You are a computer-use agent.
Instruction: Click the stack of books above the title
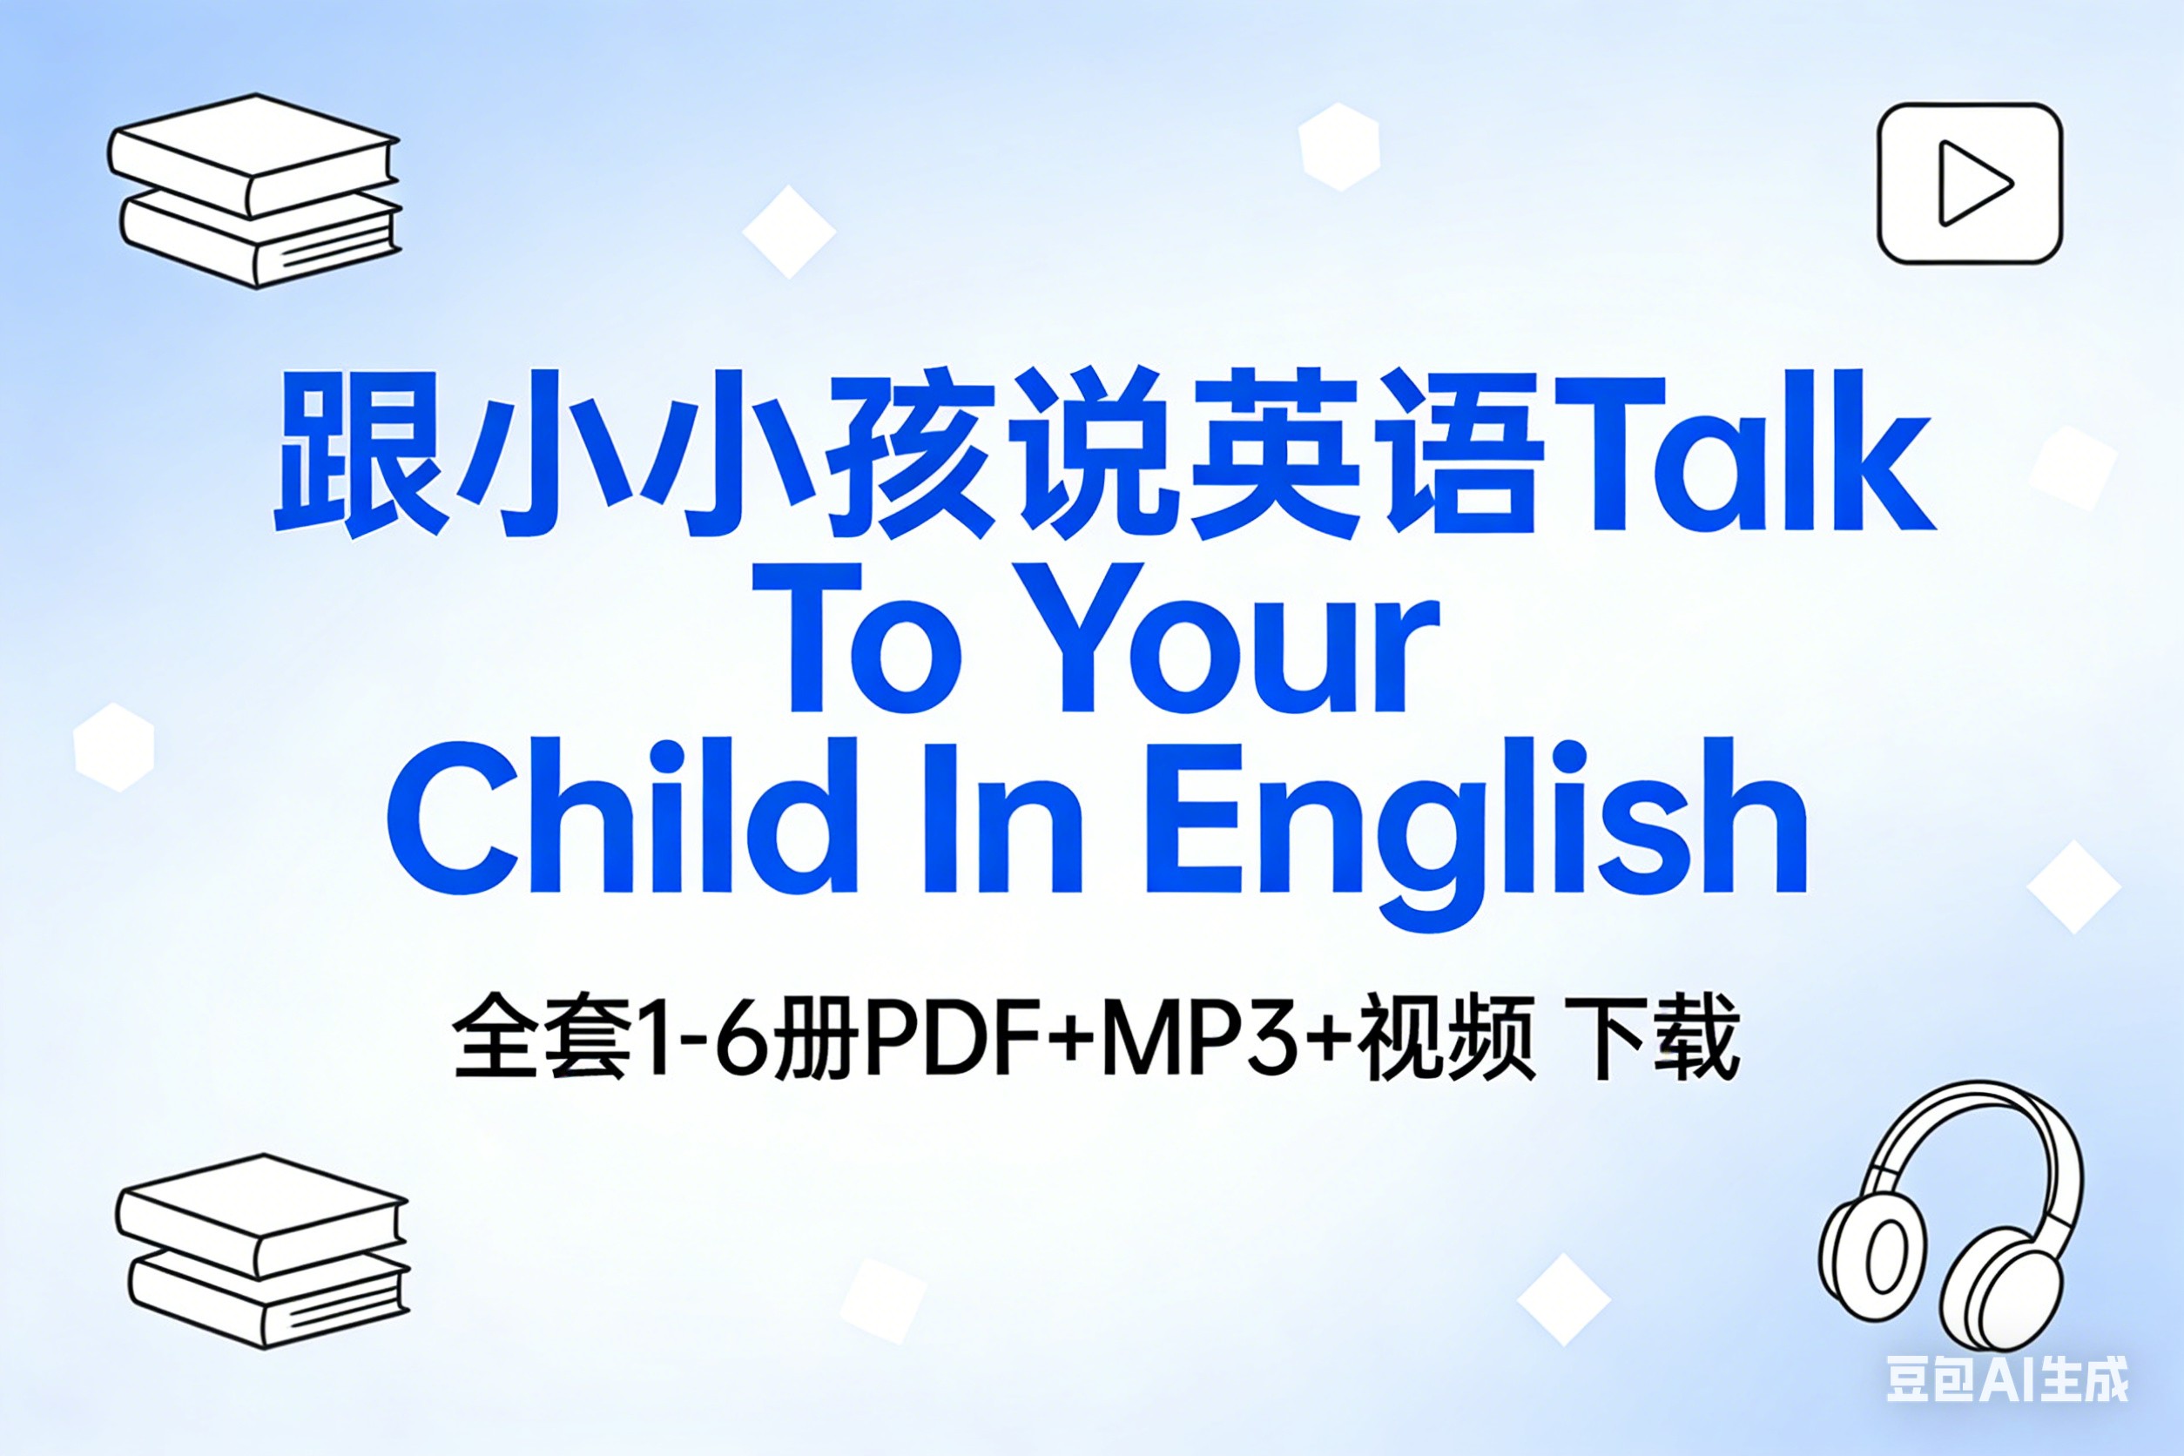click(x=254, y=190)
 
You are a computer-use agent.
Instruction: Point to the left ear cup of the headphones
click(x=1866, y=1263)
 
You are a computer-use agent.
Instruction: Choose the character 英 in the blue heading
click(x=1272, y=453)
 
